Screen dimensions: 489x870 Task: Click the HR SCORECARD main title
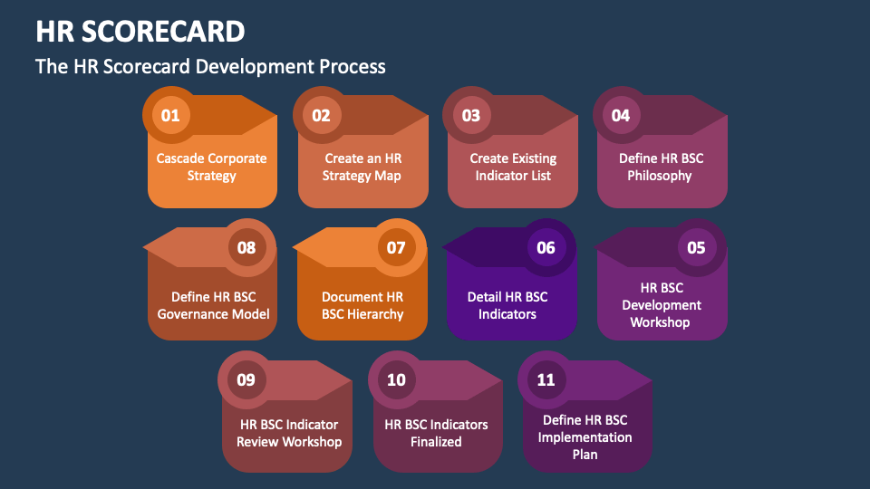[x=140, y=31]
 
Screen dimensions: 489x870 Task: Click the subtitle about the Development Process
[x=210, y=66]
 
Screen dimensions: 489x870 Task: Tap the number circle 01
[x=170, y=115]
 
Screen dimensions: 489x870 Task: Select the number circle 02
[x=321, y=115]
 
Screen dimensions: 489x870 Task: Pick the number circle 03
[x=470, y=115]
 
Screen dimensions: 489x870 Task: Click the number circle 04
[x=621, y=115]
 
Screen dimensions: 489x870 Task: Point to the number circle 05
[x=696, y=247]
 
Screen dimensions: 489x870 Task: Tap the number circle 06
[x=546, y=247]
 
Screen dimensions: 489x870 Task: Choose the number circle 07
[x=396, y=247]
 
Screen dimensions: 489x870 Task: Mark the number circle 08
[x=246, y=247]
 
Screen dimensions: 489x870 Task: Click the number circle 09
[x=246, y=379]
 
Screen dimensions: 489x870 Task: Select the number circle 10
[x=396, y=379]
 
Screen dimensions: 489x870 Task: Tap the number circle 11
[x=546, y=379]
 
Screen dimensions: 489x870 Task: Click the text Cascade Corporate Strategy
[x=211, y=167]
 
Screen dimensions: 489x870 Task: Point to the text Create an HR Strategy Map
[x=362, y=167]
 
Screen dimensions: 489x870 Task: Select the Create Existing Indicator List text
[x=513, y=167]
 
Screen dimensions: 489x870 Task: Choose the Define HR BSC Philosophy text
[x=661, y=167]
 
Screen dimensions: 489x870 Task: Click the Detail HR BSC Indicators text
[x=507, y=305]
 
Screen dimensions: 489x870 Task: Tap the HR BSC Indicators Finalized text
[x=436, y=433]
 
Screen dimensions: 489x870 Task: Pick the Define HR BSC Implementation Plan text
[x=585, y=437]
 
